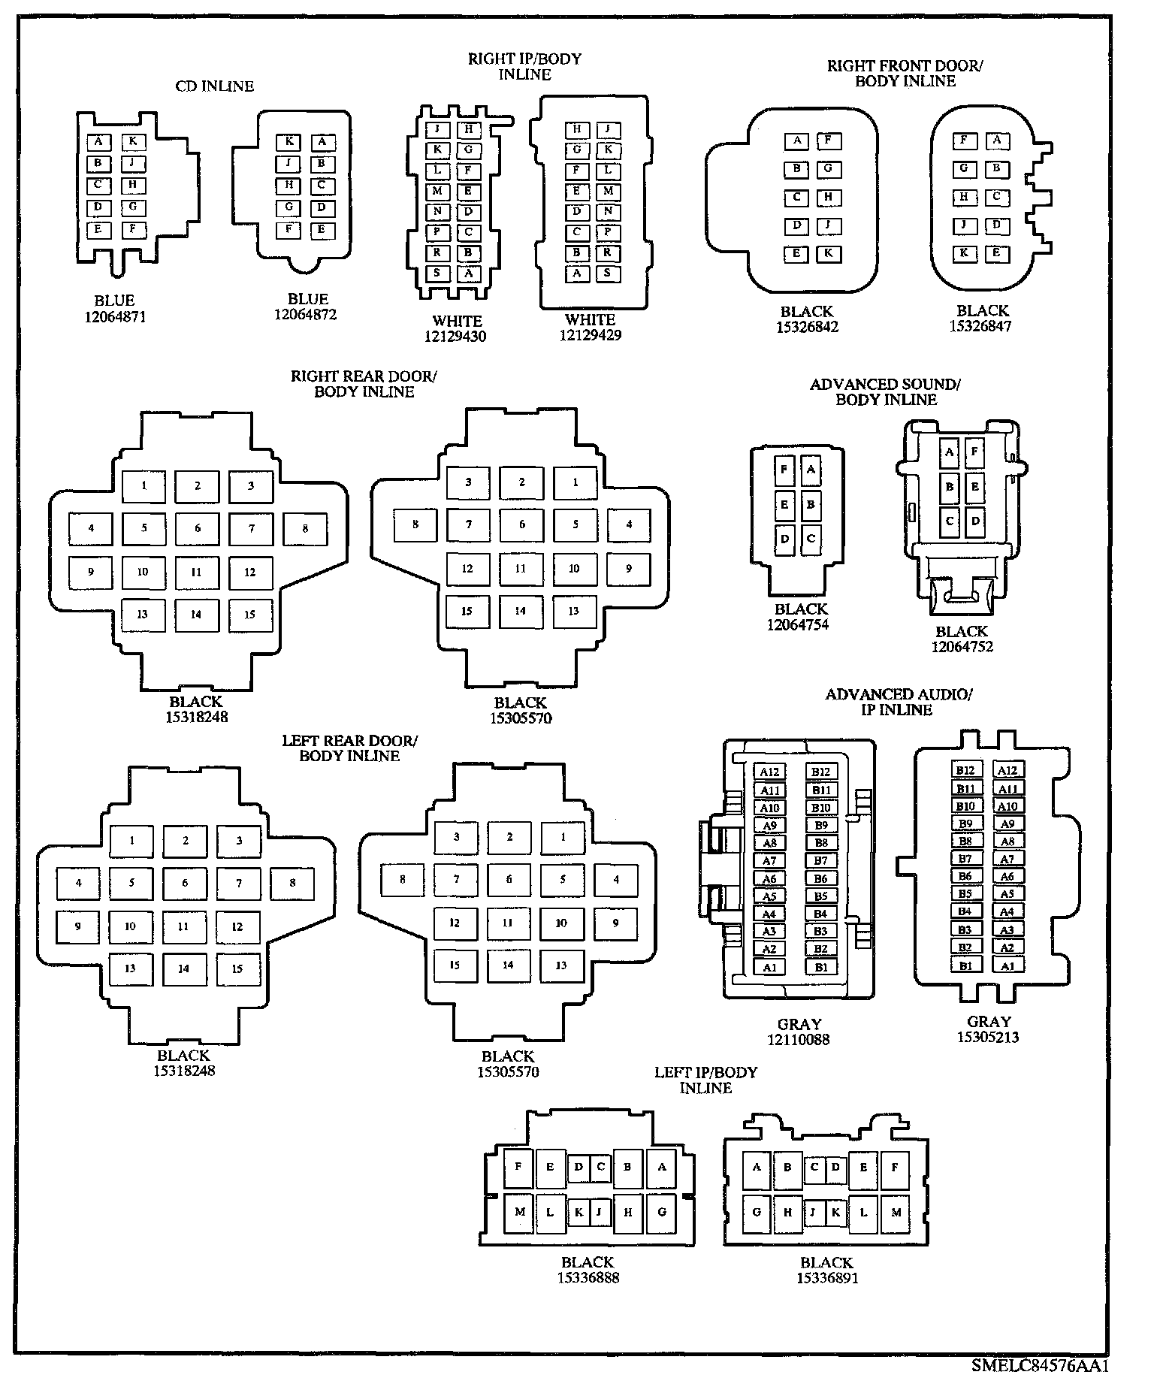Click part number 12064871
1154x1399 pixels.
point(115,316)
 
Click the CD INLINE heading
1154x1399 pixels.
point(215,86)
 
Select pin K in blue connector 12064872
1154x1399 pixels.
point(288,141)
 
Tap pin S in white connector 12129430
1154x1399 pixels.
point(437,273)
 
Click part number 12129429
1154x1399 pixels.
point(591,335)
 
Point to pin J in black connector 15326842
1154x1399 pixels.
point(828,225)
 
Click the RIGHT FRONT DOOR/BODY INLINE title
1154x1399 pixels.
point(905,74)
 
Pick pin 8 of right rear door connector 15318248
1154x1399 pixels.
point(305,529)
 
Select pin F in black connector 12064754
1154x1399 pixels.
point(784,470)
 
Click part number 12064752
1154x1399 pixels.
point(962,647)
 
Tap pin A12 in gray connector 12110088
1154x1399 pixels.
point(769,772)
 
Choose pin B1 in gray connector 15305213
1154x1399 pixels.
point(965,965)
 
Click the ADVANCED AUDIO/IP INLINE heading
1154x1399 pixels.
point(898,702)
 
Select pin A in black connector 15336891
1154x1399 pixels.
point(757,1168)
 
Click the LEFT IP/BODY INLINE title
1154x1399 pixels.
point(705,1080)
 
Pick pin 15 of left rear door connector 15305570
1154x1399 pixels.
point(455,965)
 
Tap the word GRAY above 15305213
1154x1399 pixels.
point(989,1021)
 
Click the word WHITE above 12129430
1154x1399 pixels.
point(457,321)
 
